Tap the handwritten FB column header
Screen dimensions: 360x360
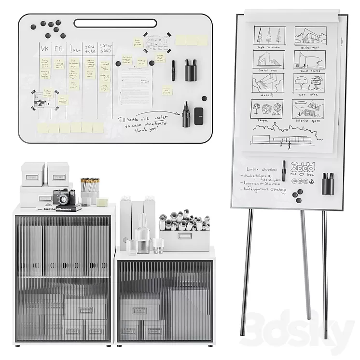pyautogui.click(x=59, y=49)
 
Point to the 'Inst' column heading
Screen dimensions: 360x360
pyautogui.click(x=74, y=49)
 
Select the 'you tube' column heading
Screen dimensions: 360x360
pyautogui.click(x=90, y=47)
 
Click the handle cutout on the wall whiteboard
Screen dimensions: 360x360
pyautogui.click(x=115, y=23)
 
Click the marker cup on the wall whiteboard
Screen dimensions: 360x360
pyautogui.click(x=191, y=70)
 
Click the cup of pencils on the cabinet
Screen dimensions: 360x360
pyautogui.click(x=90, y=192)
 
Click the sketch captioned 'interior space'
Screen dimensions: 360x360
pyautogui.click(x=308, y=109)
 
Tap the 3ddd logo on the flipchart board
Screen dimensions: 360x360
pyautogui.click(x=303, y=167)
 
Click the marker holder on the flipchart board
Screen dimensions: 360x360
pyautogui.click(x=328, y=184)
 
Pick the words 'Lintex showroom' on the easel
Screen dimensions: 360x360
pyautogui.click(x=262, y=169)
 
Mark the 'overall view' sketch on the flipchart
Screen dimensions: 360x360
pyautogui.click(x=268, y=59)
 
